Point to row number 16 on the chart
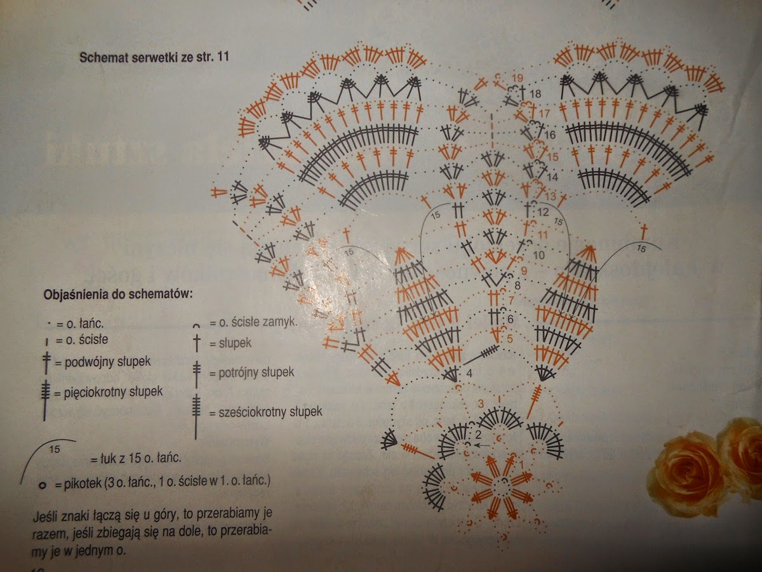coord(550,135)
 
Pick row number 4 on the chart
coord(469,372)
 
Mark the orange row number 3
coord(481,404)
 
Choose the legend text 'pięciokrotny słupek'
coord(113,392)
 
